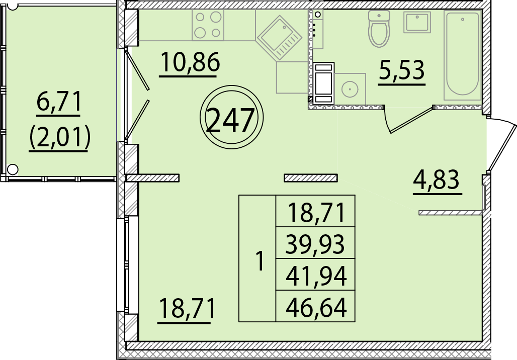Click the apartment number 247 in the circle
tap(231, 121)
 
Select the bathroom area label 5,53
tap(402, 70)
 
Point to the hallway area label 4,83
tap(436, 179)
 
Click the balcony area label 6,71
tap(59, 102)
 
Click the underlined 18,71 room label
tap(187, 308)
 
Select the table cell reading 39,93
tap(315, 244)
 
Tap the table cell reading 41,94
tap(316, 276)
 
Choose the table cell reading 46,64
tap(316, 307)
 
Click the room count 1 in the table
tap(261, 260)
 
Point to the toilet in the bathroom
tap(379, 28)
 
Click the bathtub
tap(463, 55)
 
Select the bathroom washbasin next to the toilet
tap(417, 22)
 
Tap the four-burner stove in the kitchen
tap(208, 25)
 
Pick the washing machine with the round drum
tap(350, 89)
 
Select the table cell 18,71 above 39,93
tap(316, 212)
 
